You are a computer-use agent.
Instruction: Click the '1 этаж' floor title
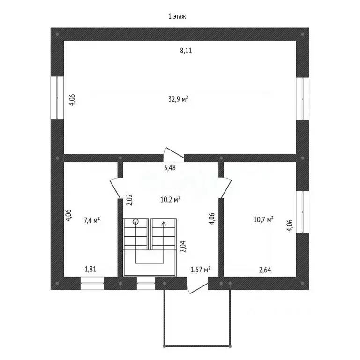point(177,16)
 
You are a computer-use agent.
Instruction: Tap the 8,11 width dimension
point(186,51)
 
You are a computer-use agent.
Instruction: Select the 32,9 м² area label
point(178,99)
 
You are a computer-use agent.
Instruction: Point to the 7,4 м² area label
point(92,220)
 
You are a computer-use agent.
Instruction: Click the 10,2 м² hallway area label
point(170,199)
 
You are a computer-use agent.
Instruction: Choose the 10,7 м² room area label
point(263,219)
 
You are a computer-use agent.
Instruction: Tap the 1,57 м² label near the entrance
point(201,270)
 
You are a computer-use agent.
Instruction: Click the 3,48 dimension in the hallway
point(170,168)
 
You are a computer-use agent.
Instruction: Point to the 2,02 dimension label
point(129,200)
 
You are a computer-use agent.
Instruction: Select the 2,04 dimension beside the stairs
point(183,247)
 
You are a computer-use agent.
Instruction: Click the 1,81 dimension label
point(90,269)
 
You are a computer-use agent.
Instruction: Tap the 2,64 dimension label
point(265,270)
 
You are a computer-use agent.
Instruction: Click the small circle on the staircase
point(135,222)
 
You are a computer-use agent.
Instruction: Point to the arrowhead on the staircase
point(164,223)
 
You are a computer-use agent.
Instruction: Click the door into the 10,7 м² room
point(226,187)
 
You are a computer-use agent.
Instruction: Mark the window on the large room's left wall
point(57,98)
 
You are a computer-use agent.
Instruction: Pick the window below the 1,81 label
point(92,283)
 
